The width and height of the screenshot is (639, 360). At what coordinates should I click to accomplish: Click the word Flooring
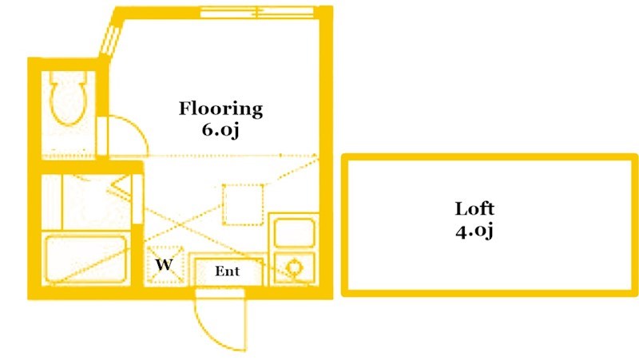[x=220, y=109]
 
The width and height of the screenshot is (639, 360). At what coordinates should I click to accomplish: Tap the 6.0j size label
[x=220, y=129]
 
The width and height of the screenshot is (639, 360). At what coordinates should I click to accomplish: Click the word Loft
[x=475, y=209]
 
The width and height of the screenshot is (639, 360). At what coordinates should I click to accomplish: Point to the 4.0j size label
[x=475, y=231]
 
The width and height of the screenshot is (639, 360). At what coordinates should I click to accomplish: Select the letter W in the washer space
[x=164, y=264]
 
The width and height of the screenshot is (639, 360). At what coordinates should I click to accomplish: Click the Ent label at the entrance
[x=228, y=271]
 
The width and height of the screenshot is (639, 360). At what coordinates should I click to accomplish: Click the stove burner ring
[x=293, y=268]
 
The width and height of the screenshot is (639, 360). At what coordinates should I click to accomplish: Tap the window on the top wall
[x=256, y=12]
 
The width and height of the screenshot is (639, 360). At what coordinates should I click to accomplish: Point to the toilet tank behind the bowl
[x=67, y=78]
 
